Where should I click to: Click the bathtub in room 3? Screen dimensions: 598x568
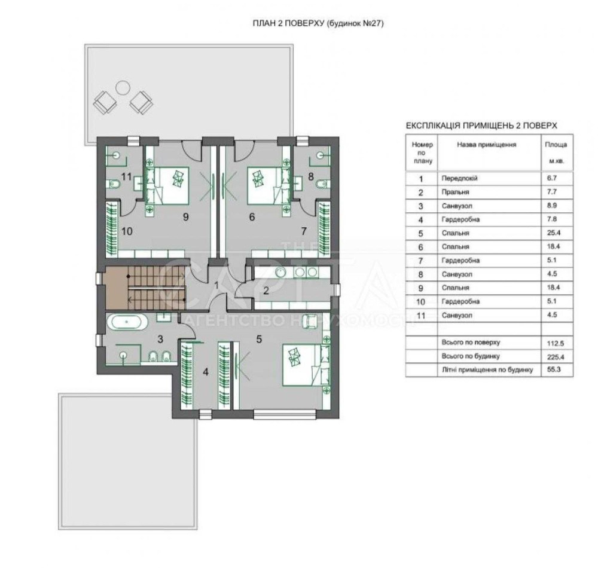coord(127,322)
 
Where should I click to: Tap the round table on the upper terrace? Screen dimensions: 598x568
coord(123,88)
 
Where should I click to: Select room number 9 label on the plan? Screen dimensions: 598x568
coord(186,217)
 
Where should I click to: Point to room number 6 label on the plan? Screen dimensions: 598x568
coord(252,217)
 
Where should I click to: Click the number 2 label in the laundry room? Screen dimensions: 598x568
coord(266,291)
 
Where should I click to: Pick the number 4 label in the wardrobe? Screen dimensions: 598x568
coord(206,372)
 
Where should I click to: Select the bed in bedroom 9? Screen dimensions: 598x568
coord(167,186)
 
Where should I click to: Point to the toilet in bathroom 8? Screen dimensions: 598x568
coord(323,185)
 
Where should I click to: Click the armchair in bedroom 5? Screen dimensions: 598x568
coord(310,320)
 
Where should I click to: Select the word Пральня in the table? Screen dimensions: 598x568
coord(455,192)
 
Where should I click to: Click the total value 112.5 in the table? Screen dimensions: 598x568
coord(556,343)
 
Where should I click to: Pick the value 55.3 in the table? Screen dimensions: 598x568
coord(554,369)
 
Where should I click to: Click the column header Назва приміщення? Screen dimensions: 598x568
coord(487,145)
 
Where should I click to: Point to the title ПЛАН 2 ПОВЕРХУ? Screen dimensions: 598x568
coord(288,23)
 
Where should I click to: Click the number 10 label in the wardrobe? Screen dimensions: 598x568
coord(127,231)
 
